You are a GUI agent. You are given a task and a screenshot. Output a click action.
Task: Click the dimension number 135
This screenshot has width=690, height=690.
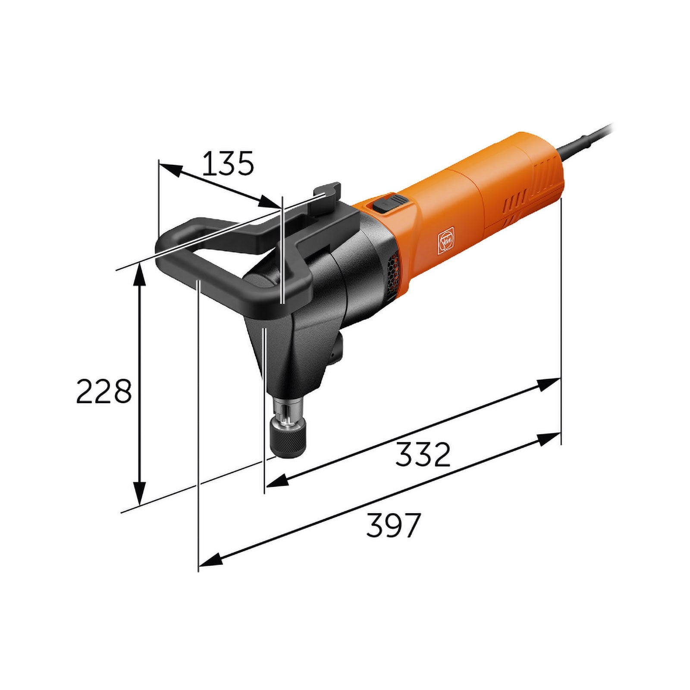[228, 164]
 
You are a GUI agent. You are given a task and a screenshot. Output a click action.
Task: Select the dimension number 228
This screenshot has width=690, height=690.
[103, 391]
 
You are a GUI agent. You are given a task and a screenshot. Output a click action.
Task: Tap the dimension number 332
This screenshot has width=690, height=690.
[423, 454]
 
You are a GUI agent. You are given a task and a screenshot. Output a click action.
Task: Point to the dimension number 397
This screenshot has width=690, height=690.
[393, 525]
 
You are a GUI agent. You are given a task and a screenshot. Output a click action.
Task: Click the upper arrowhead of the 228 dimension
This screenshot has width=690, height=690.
[139, 276]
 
